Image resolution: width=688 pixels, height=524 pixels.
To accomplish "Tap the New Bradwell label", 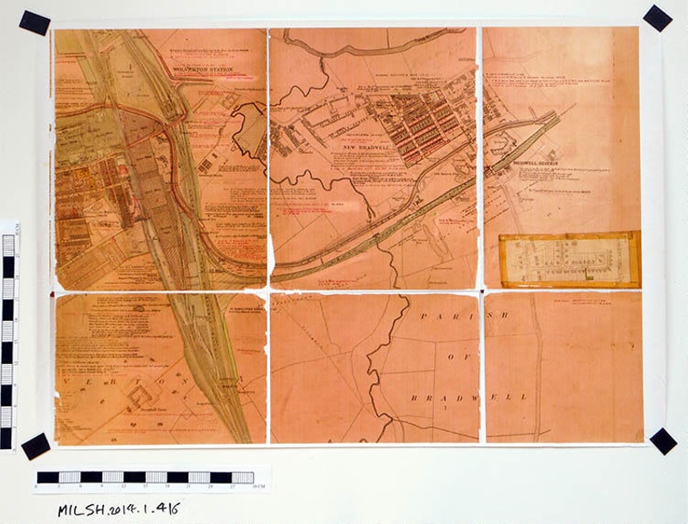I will pyautogui.click(x=363, y=148).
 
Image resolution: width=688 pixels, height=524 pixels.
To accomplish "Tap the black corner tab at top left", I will pyautogui.click(x=34, y=22).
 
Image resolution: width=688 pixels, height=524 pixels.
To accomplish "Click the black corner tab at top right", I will pyautogui.click(x=658, y=17).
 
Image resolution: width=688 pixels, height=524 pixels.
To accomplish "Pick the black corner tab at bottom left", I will pyautogui.click(x=35, y=446).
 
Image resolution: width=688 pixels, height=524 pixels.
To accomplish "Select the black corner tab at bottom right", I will pyautogui.click(x=663, y=441).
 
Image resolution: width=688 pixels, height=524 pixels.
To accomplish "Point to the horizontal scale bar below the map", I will pyautogui.click(x=146, y=477).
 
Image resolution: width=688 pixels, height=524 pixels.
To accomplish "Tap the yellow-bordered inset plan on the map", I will pyautogui.click(x=569, y=260).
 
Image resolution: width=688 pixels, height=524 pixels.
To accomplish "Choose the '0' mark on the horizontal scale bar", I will pyautogui.click(x=37, y=487).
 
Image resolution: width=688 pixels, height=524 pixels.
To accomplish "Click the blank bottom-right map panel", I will pyautogui.click(x=563, y=370).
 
